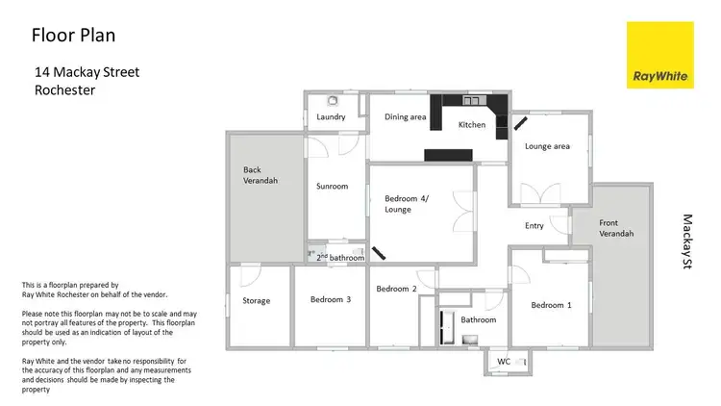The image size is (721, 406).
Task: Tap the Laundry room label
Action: point(331,118)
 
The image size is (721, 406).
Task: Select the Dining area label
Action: point(405,117)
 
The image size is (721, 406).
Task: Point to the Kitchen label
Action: point(471,125)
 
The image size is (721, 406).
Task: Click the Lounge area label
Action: point(547,146)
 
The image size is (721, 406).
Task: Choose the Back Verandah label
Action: point(260,175)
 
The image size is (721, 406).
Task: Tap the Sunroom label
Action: point(333,186)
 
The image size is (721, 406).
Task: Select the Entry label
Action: point(535,226)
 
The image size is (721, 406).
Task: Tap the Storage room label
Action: point(257,300)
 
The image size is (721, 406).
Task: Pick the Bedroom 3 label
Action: point(330,299)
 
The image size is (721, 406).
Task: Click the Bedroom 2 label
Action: point(396,289)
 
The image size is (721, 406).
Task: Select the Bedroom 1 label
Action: point(552,305)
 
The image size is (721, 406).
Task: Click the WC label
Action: point(504,362)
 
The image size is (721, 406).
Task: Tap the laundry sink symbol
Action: point(333,100)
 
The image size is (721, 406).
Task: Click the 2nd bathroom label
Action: point(340,258)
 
